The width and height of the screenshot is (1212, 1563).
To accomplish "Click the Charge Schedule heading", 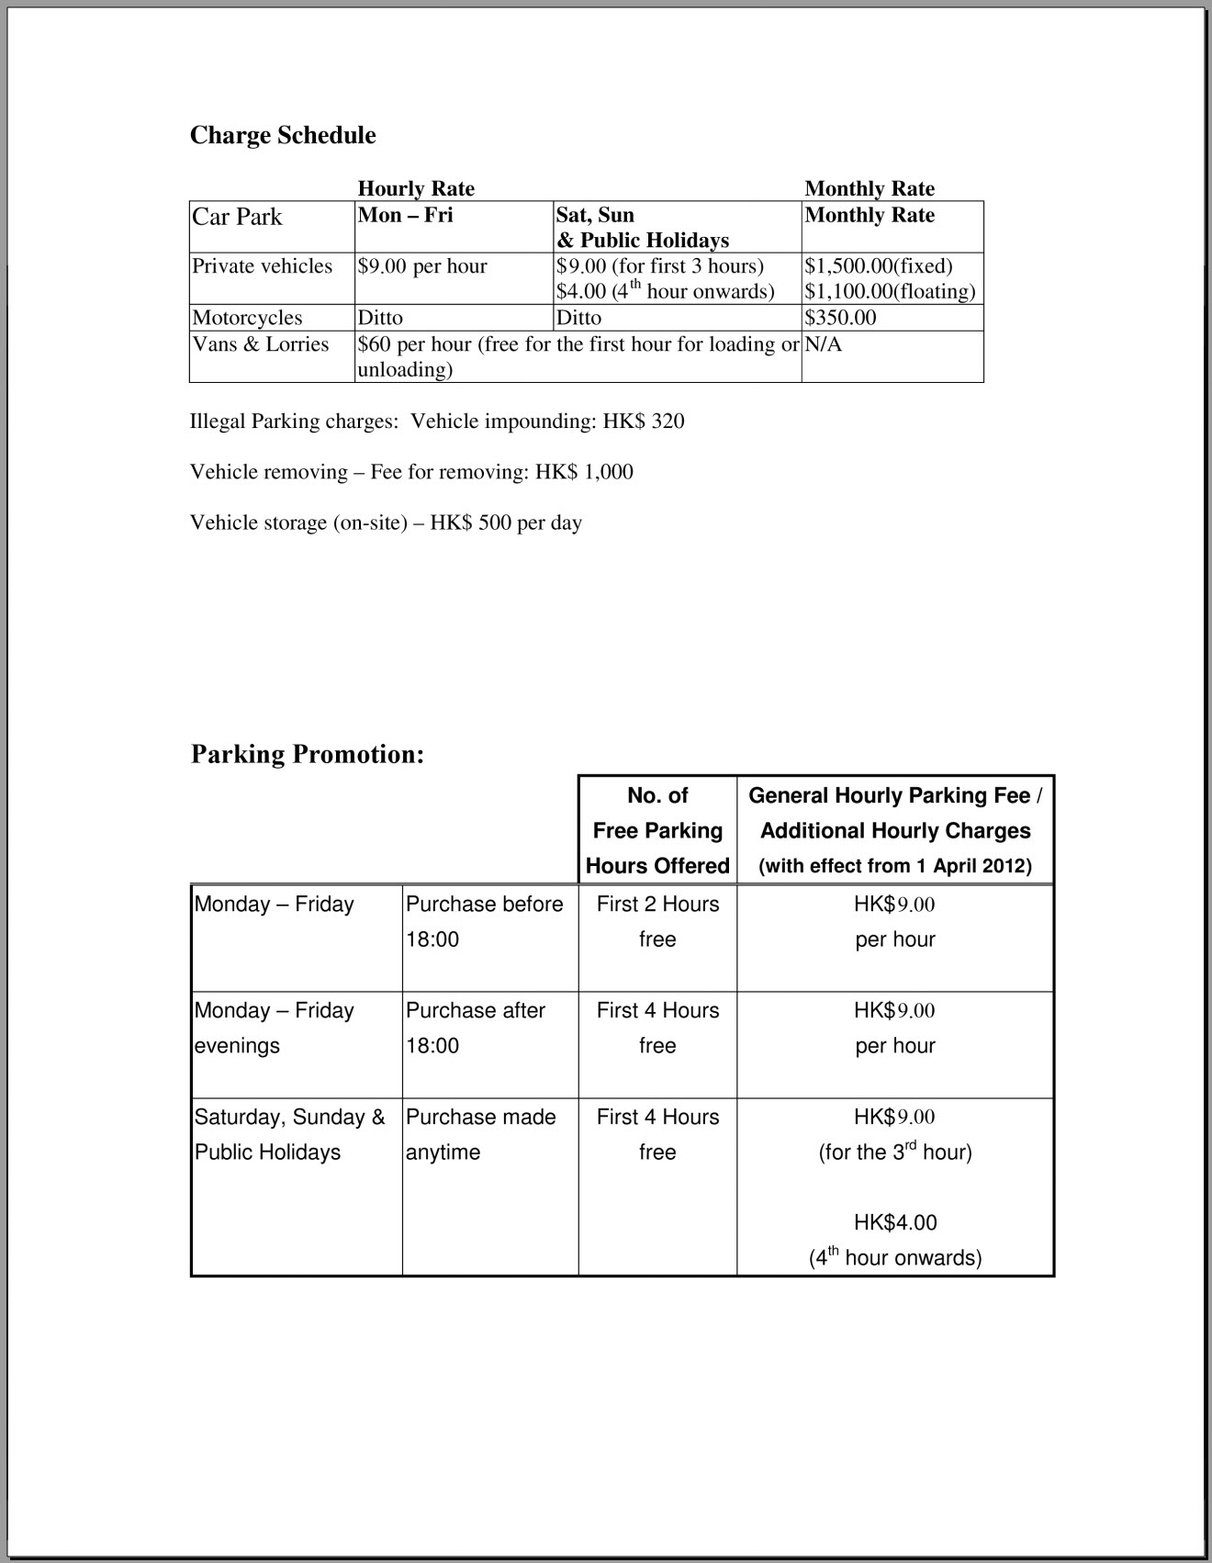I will point(283,135).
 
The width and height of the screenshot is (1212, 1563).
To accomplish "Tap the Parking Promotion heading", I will point(308,754).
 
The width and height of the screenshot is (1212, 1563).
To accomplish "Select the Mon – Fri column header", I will point(405,215).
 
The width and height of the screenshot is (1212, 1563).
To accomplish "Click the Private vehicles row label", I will point(262,266).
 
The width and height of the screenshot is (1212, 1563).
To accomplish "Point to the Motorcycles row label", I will point(247,318).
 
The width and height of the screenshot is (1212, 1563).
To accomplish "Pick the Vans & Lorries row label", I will point(260,344).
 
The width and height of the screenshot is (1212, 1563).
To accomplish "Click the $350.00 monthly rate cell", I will point(840,318).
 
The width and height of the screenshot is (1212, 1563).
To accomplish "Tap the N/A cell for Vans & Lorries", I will point(823,344).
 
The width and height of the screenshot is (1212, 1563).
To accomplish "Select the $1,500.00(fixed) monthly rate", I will point(879,266).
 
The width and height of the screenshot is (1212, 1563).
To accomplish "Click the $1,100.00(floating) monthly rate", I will point(890,292).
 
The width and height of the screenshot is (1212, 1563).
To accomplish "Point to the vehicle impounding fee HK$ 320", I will point(644,422).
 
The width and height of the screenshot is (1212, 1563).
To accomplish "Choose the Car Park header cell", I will point(237,217).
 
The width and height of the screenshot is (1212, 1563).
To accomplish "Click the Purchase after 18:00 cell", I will point(476,1028).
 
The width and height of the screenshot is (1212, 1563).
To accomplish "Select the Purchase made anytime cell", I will point(480,1134).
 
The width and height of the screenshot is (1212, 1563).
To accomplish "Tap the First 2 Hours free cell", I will point(657,921).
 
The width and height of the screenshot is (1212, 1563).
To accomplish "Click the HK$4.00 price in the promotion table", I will point(895,1222).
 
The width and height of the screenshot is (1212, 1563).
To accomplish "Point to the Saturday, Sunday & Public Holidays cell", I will point(289,1134).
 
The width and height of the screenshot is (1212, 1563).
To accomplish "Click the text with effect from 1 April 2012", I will point(895,866).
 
